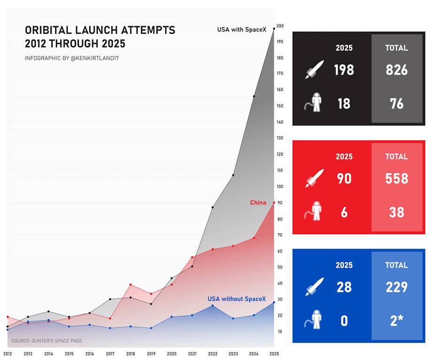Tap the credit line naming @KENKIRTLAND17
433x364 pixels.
(x=75, y=58)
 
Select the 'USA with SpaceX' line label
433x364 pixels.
(x=241, y=30)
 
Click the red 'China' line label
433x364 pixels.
(x=258, y=203)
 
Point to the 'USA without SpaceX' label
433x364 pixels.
(x=237, y=299)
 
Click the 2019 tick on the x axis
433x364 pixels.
(x=151, y=354)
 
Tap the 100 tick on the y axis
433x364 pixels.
(x=280, y=186)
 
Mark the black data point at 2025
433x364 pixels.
(x=274, y=29)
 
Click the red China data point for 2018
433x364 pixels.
(x=131, y=285)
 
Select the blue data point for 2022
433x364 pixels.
(x=213, y=306)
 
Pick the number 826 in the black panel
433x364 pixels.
(x=396, y=70)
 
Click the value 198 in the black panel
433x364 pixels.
(x=344, y=70)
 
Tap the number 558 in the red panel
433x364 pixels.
(x=396, y=179)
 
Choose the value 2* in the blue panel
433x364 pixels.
(x=396, y=321)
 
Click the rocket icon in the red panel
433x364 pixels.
(x=315, y=178)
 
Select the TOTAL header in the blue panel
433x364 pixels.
(x=396, y=265)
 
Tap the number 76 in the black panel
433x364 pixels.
(x=396, y=103)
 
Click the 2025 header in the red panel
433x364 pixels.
(x=344, y=157)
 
